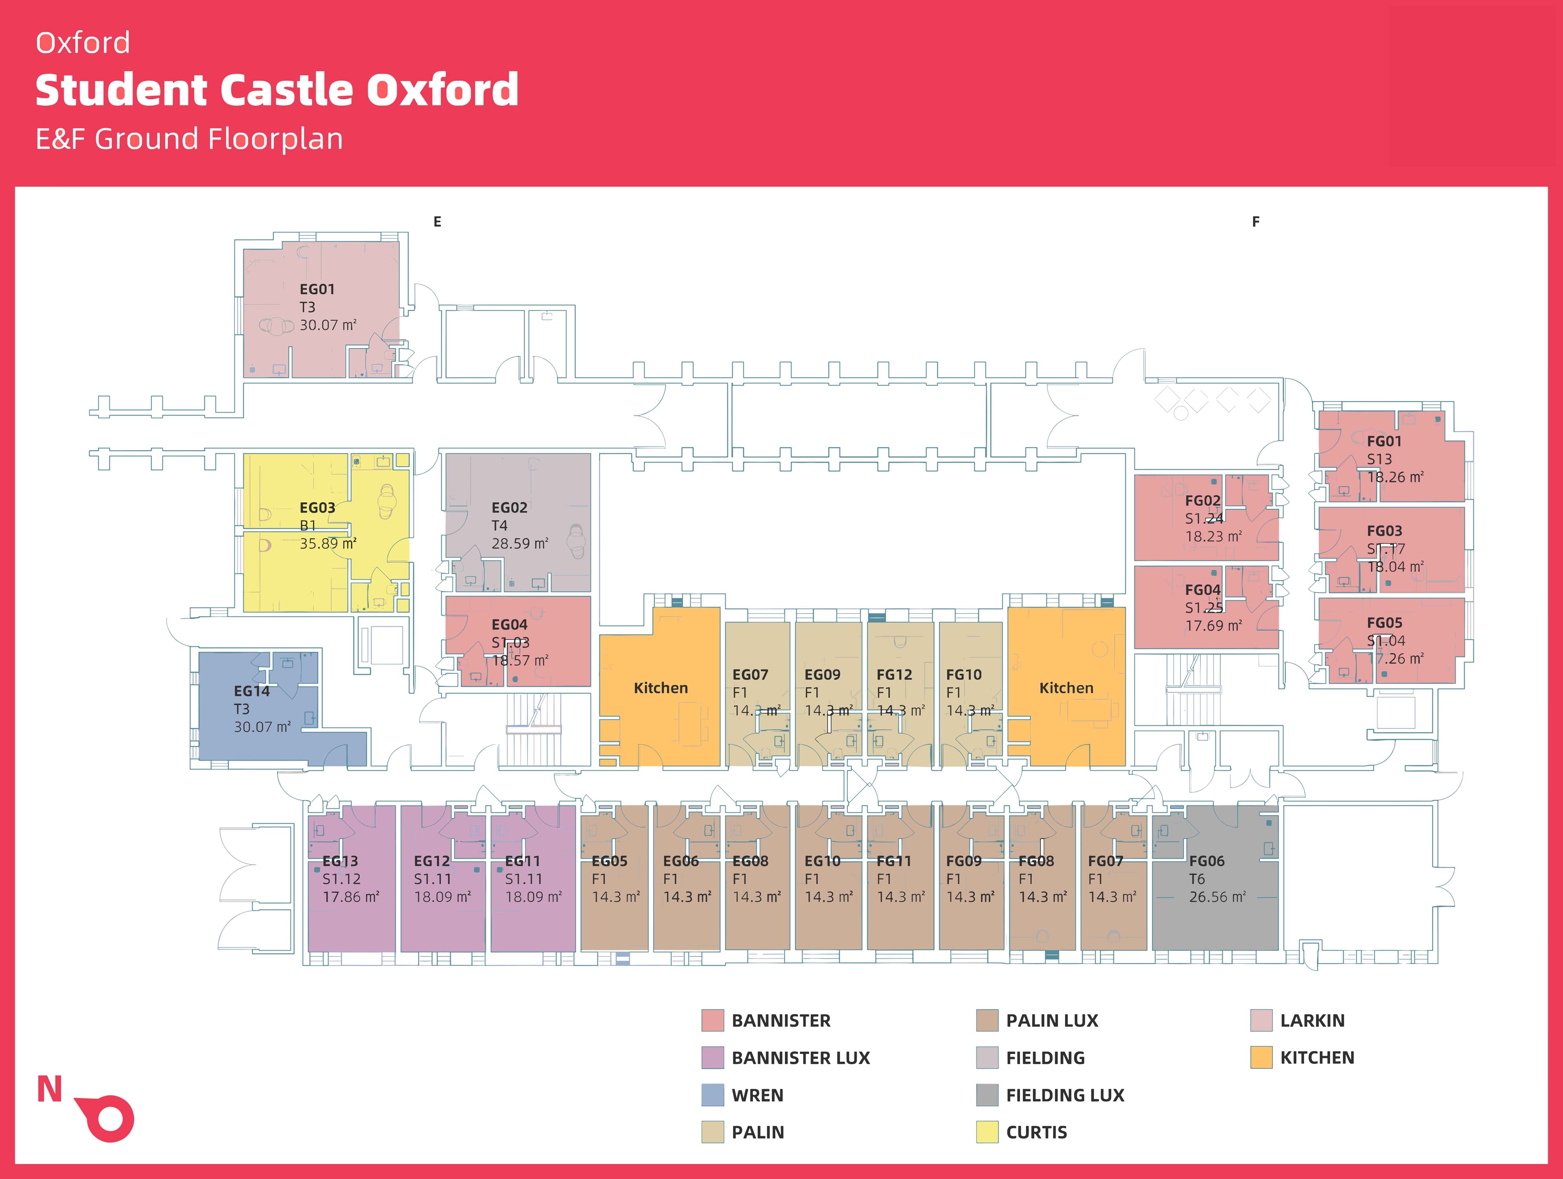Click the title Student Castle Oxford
point(277,90)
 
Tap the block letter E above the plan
point(438,222)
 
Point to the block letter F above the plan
point(1256,222)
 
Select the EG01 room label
point(317,289)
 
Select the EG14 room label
point(252,691)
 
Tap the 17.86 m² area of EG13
point(350,897)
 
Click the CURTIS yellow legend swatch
point(987,1132)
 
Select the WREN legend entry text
point(757,1096)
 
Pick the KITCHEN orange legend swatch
point(1261,1057)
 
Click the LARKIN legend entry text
point(1312,1021)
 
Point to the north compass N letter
point(50,1090)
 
